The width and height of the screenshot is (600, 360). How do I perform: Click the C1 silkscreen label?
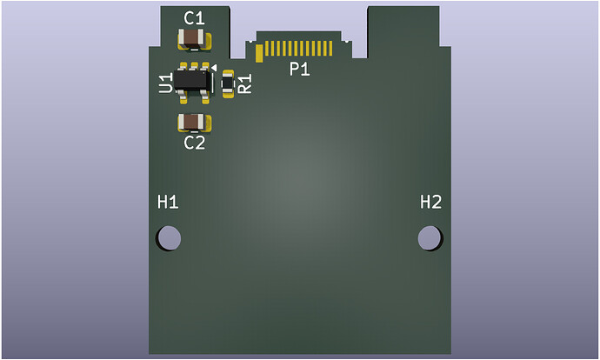[x=195, y=18]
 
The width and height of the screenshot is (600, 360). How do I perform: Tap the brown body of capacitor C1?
[x=194, y=38]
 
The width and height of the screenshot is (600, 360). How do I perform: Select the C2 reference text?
[x=195, y=143]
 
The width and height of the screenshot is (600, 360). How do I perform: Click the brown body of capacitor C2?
[x=194, y=122]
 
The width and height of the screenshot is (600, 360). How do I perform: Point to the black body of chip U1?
[x=192, y=80]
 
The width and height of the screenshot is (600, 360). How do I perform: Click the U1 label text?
[x=166, y=83]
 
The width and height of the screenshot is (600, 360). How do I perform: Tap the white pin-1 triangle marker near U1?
[x=214, y=67]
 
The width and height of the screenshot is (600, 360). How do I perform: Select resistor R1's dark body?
[x=228, y=83]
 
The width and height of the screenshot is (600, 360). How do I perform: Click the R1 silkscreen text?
[x=245, y=83]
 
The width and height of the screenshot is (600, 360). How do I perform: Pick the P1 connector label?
[x=299, y=70]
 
